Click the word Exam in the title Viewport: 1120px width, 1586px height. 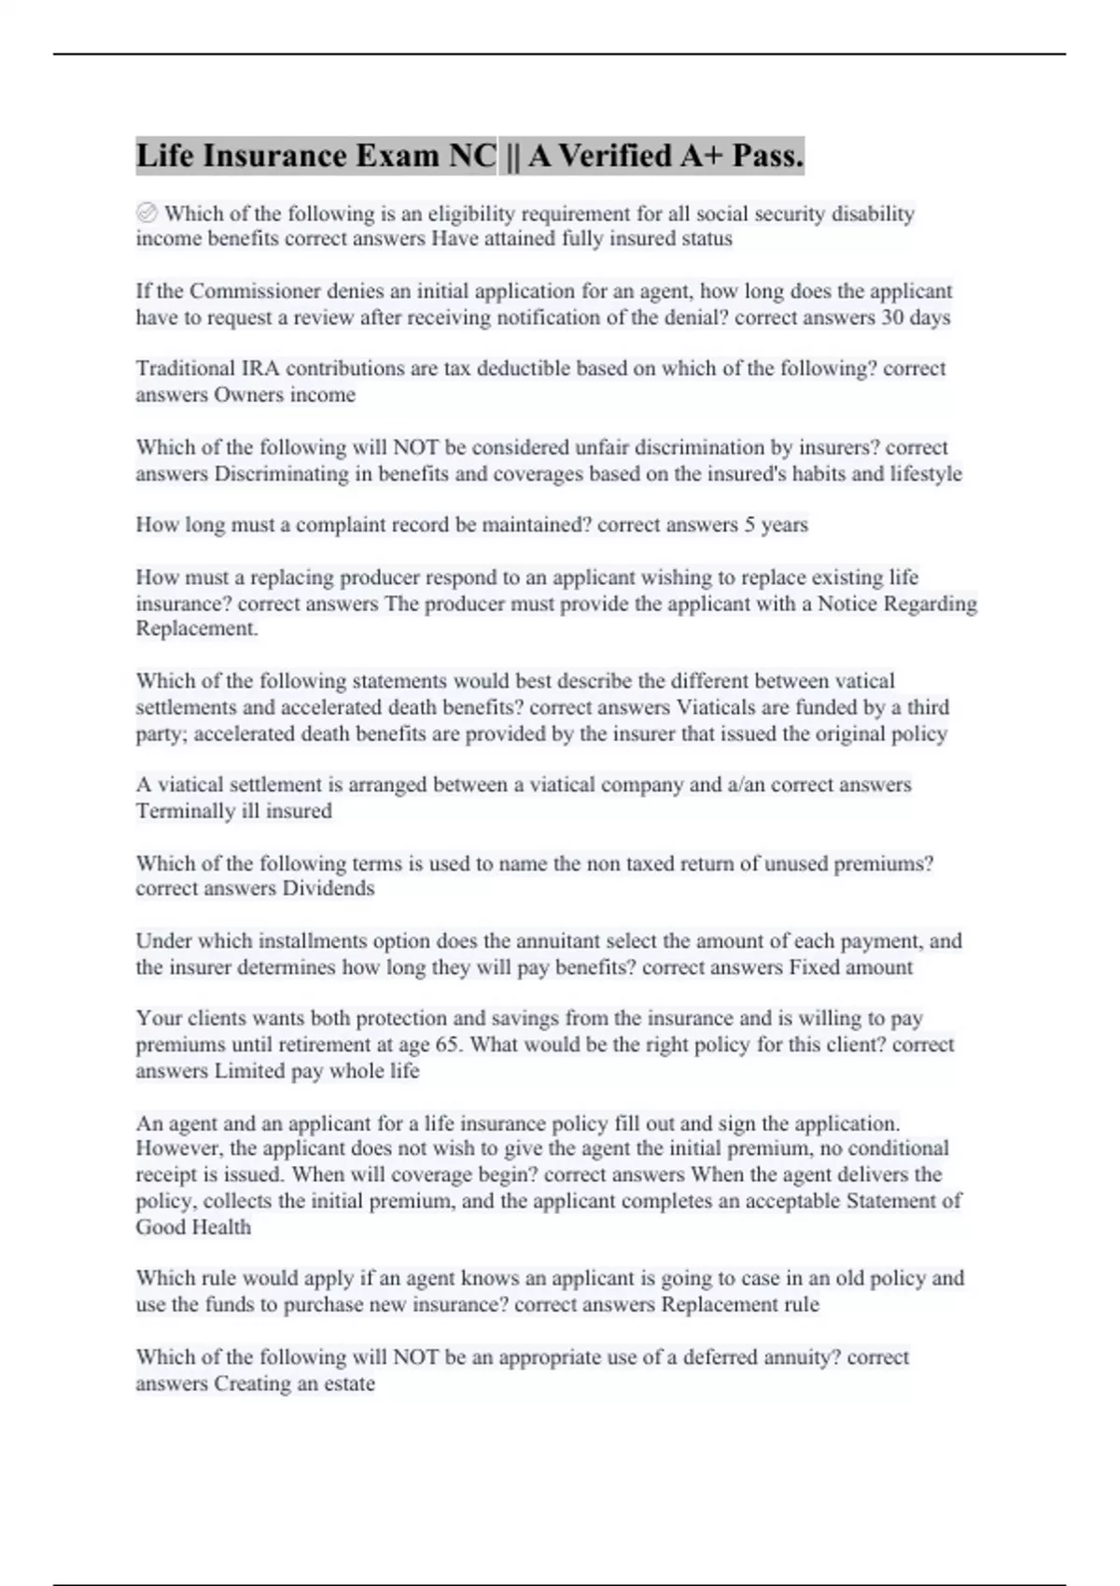tap(397, 155)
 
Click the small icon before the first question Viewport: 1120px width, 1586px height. tap(147, 214)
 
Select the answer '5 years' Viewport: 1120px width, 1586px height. tap(776, 524)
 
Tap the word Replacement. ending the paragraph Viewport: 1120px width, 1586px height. tap(197, 629)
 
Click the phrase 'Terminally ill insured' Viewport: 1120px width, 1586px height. tap(233, 811)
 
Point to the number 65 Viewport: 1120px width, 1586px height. tap(447, 1045)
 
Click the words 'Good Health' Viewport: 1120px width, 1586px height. tap(193, 1227)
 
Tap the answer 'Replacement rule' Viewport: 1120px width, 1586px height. tap(740, 1304)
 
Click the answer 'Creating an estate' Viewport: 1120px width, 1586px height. tap(294, 1384)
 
